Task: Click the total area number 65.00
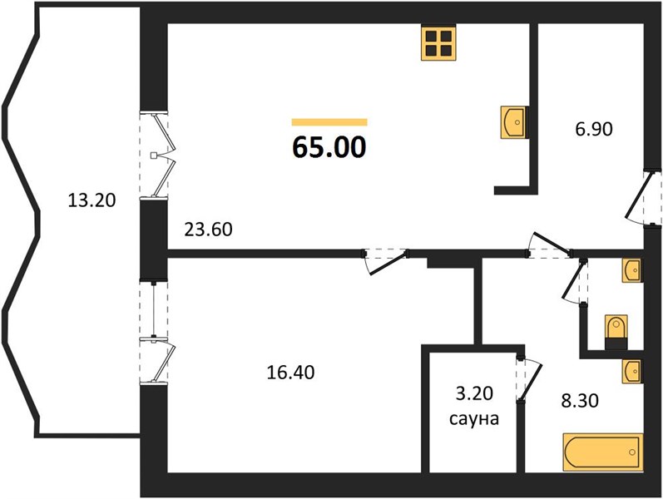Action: (x=329, y=147)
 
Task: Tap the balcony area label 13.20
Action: (x=92, y=200)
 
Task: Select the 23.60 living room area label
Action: (x=209, y=230)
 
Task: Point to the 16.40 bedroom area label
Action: (x=290, y=373)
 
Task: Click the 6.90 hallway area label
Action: (x=594, y=129)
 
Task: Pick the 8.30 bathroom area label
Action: (x=580, y=401)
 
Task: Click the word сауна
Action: (x=474, y=418)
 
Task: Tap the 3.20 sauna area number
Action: (x=474, y=393)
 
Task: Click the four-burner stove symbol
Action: (x=438, y=43)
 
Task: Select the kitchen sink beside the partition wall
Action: (x=514, y=122)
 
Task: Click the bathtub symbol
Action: (x=602, y=452)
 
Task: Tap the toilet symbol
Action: (x=616, y=332)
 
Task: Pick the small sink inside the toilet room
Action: (x=632, y=270)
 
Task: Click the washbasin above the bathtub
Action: (x=632, y=372)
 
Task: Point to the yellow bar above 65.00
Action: (x=329, y=122)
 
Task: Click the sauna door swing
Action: (x=530, y=378)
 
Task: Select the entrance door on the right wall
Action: (x=643, y=197)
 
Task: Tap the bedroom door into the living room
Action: (x=385, y=261)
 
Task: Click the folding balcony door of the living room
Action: (x=160, y=156)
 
